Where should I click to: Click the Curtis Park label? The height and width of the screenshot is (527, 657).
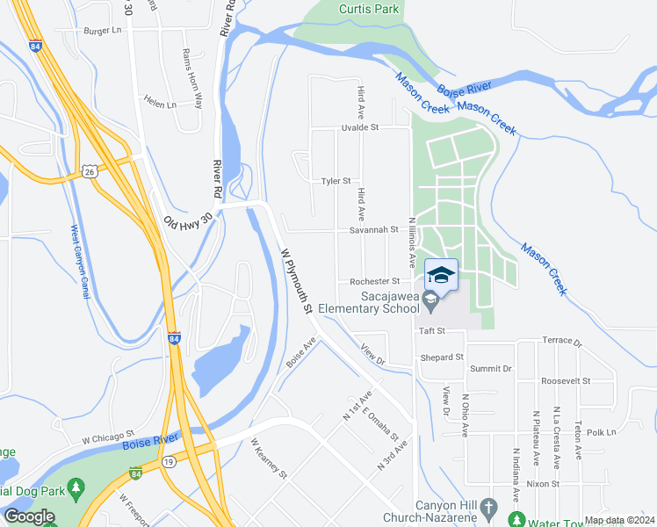[369, 9]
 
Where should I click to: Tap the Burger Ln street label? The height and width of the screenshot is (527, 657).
[102, 30]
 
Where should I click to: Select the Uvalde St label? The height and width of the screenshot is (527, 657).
[359, 127]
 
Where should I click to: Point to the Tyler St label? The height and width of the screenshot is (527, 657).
[336, 181]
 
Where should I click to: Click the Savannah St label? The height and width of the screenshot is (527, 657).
[374, 230]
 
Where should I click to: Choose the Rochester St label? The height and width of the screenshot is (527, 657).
[375, 281]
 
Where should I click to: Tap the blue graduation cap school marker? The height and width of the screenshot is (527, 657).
[441, 275]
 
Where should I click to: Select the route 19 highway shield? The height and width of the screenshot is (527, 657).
[167, 460]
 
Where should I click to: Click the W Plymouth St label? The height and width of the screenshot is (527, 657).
[297, 281]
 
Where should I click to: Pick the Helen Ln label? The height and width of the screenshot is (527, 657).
[161, 104]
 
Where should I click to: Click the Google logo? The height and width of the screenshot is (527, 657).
[29, 516]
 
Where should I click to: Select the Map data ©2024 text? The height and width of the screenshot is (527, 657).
[618, 520]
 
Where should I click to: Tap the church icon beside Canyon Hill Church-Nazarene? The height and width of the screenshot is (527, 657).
[491, 508]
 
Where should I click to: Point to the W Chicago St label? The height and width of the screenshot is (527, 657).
[107, 436]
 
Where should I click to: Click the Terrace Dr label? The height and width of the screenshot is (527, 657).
[562, 340]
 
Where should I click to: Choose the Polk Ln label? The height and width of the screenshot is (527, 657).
[602, 432]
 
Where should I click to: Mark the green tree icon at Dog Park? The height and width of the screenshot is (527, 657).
[77, 487]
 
